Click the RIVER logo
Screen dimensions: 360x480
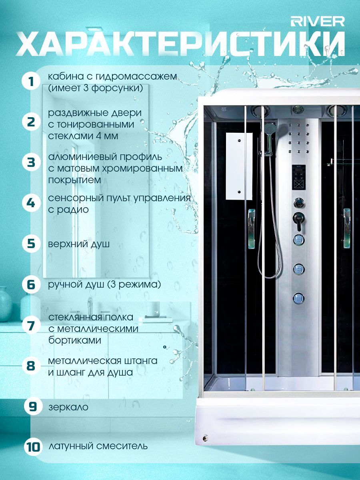tap(317, 22)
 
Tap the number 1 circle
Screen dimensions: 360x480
tap(31, 82)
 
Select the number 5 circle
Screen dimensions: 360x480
tap(31, 244)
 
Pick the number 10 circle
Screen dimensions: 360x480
tap(33, 446)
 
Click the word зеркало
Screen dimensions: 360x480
tap(68, 407)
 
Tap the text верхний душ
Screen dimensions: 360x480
tap(79, 244)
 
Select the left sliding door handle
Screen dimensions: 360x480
tap(252, 228)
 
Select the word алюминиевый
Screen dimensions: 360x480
tap(80, 157)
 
